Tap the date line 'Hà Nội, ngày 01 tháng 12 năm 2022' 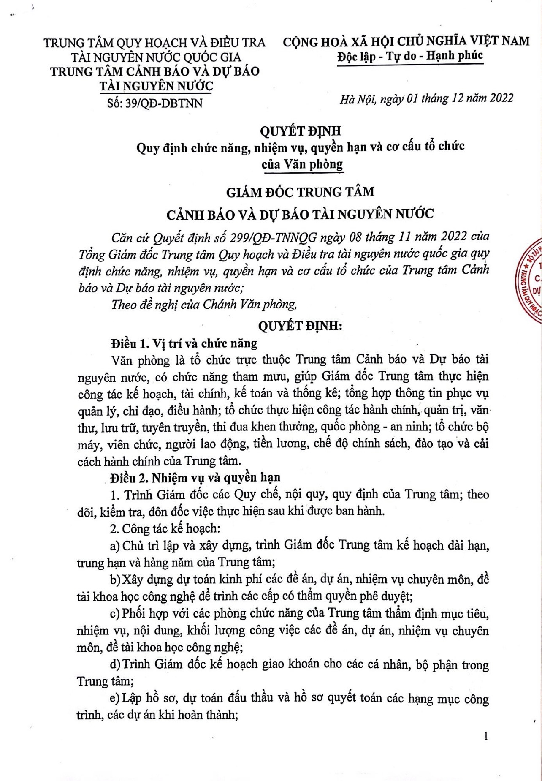[x=427, y=98]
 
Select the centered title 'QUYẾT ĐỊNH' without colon [x=300, y=131]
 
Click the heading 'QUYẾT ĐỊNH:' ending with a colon [x=300, y=326]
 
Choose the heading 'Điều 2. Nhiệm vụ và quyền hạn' [x=195, y=477]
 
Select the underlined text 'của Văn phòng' [x=302, y=164]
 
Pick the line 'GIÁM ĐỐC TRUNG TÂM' [x=300, y=192]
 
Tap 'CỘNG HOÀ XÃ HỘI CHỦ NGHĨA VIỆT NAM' [x=406, y=41]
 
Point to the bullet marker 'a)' [x=115, y=546]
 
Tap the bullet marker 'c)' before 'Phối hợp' [x=115, y=613]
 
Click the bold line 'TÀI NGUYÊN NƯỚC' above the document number [x=156, y=86]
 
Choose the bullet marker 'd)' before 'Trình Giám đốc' [x=115, y=664]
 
